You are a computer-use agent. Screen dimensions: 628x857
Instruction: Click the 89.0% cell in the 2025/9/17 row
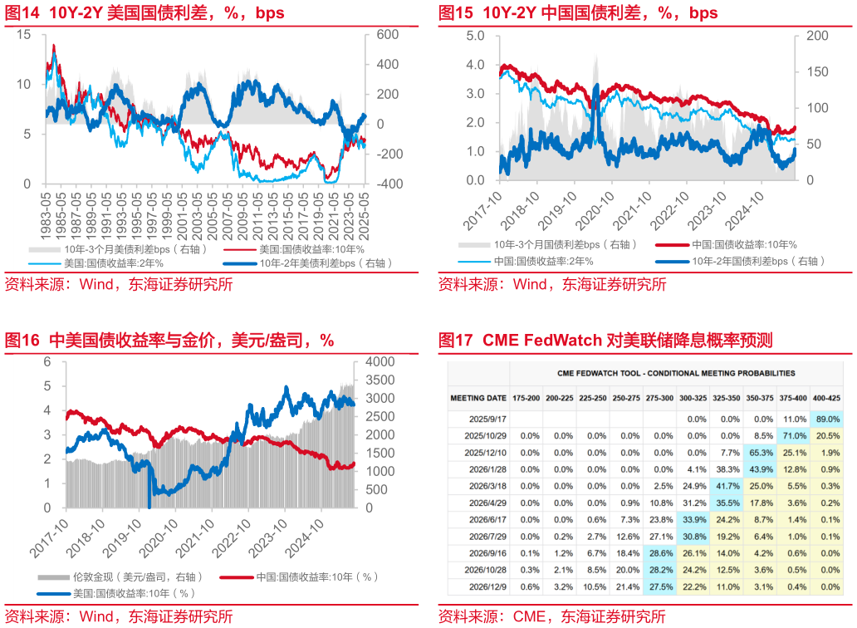point(826,419)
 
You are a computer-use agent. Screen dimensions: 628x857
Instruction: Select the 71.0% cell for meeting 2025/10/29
point(793,435)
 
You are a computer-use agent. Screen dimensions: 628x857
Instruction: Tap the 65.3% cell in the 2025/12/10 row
point(760,452)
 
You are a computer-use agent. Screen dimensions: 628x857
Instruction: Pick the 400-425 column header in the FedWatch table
point(826,398)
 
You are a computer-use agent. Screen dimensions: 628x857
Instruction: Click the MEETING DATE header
point(478,398)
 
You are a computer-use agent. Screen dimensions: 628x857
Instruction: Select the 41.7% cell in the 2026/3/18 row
point(727,485)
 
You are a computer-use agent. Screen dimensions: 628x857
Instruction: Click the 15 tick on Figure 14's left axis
point(23,35)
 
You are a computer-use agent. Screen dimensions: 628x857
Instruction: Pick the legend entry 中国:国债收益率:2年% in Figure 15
point(548,261)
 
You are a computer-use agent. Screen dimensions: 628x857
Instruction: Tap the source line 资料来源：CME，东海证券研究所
point(552,616)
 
